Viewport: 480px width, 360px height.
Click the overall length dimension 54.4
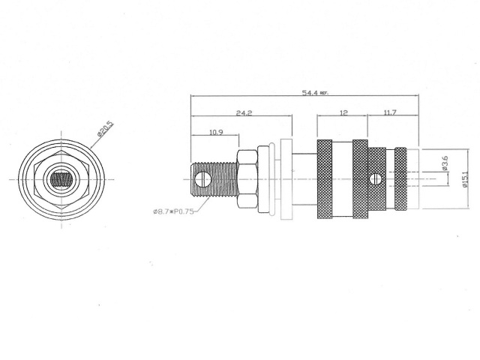point(308,93)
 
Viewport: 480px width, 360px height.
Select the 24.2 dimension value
point(244,113)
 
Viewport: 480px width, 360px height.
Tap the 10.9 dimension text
point(215,132)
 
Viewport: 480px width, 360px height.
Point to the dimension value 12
point(343,113)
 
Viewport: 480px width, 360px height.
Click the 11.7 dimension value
point(390,113)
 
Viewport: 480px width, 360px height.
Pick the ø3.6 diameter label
point(445,163)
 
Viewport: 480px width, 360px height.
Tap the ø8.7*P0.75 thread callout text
point(173,212)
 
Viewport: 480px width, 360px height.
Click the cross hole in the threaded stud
point(201,179)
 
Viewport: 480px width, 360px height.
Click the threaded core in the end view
point(62,180)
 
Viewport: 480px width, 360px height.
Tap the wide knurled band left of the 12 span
point(325,180)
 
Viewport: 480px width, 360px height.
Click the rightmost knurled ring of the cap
point(401,180)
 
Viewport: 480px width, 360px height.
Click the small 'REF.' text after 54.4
point(324,94)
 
